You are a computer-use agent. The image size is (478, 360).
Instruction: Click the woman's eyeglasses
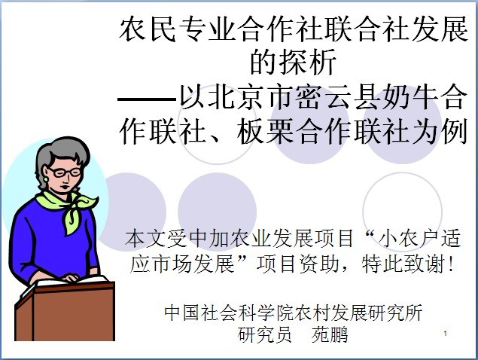pos(65,172)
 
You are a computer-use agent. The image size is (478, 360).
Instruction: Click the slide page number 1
pos(446,333)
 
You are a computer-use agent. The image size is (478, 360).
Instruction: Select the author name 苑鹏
pos(330,335)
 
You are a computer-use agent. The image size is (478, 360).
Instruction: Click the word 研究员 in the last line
pos(265,335)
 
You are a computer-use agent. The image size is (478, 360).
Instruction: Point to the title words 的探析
pos(293,62)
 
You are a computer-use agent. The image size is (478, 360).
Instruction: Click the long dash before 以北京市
pos(147,99)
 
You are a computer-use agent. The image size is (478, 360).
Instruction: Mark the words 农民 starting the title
pos(148,29)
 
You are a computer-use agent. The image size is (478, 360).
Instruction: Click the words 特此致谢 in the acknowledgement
pos(403,264)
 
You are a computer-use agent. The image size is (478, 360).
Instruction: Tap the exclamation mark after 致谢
pos(451,264)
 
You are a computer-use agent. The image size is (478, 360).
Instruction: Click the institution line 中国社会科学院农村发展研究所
pos(294,313)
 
